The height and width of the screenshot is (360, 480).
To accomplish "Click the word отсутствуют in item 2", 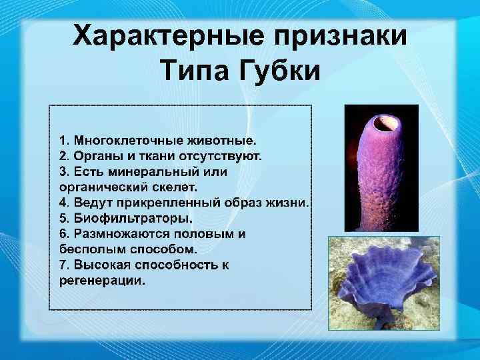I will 221,157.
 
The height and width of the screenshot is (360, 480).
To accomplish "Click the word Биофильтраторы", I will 132,218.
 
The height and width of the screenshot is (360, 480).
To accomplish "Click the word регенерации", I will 101,281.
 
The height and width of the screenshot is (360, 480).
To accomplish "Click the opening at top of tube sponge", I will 385,123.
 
